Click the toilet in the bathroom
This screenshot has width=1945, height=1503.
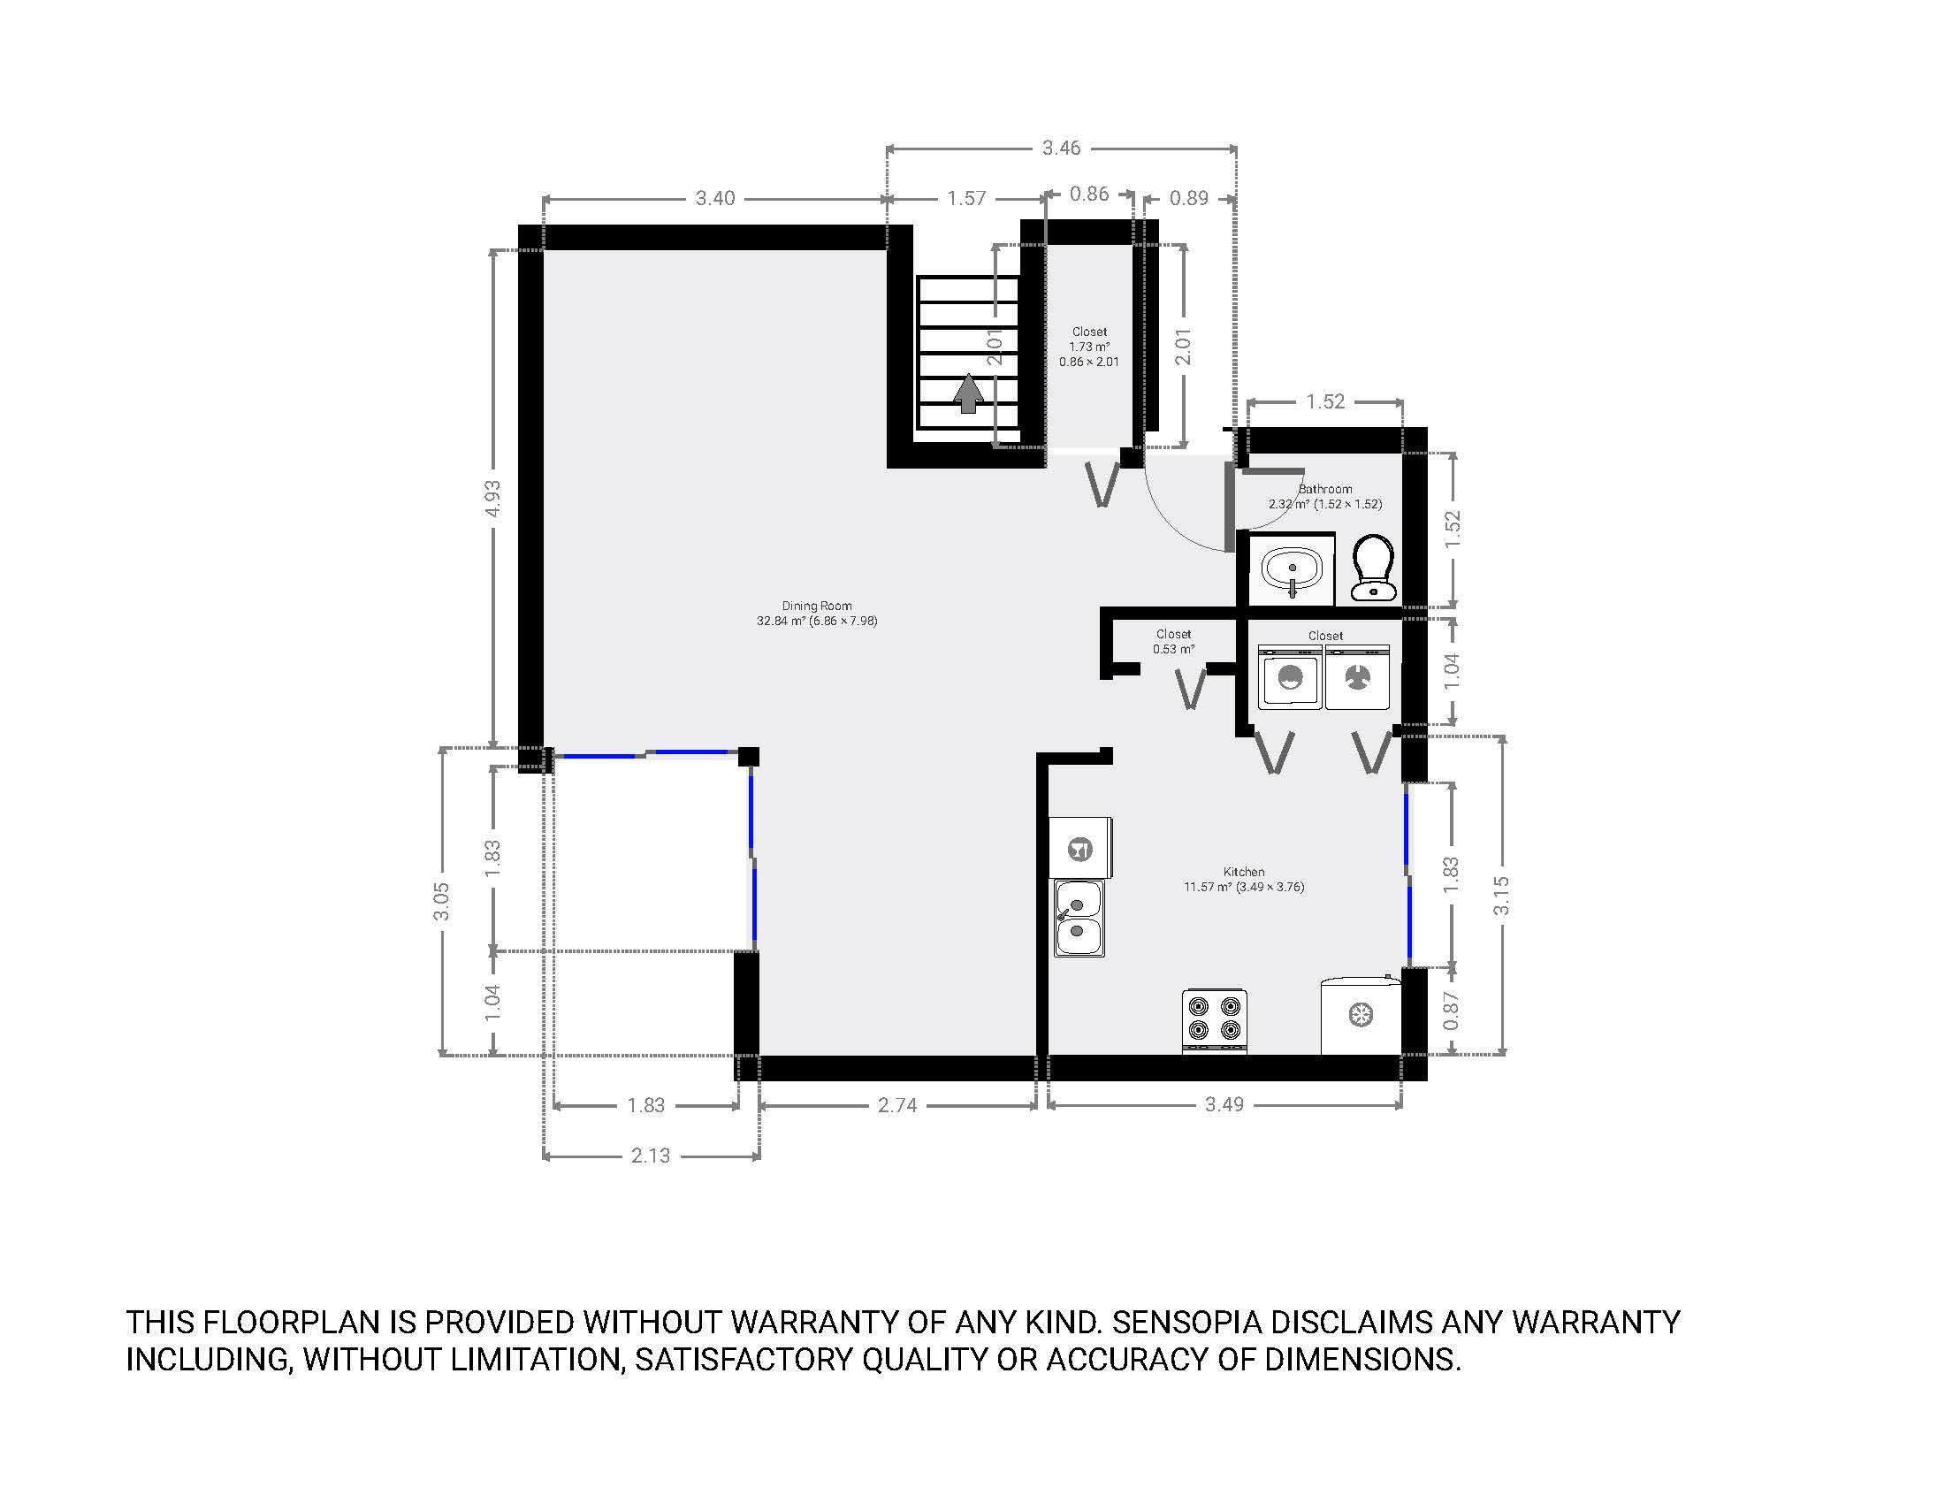[x=1374, y=568]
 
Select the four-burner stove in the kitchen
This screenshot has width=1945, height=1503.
[x=1215, y=1021]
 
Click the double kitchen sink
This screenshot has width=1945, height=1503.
[x=1079, y=918]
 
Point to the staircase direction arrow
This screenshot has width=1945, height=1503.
[x=968, y=394]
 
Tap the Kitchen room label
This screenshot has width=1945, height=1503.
[x=1243, y=872]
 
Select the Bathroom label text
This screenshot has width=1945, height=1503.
[x=1325, y=489]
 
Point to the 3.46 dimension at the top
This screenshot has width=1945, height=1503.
[x=1062, y=148]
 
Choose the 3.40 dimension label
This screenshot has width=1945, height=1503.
[x=715, y=198]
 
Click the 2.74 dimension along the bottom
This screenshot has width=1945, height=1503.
[x=896, y=1105]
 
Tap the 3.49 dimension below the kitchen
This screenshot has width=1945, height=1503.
[x=1224, y=1104]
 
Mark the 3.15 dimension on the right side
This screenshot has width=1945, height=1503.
[x=1501, y=896]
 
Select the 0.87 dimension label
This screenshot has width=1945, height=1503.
[x=1451, y=1011]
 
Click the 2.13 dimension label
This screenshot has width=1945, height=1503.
[x=650, y=1156]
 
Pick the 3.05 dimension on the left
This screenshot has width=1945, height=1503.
[x=441, y=902]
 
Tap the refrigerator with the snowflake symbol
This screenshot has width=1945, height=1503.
[x=1361, y=1015]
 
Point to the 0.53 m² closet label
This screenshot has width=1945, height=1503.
[x=1173, y=649]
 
